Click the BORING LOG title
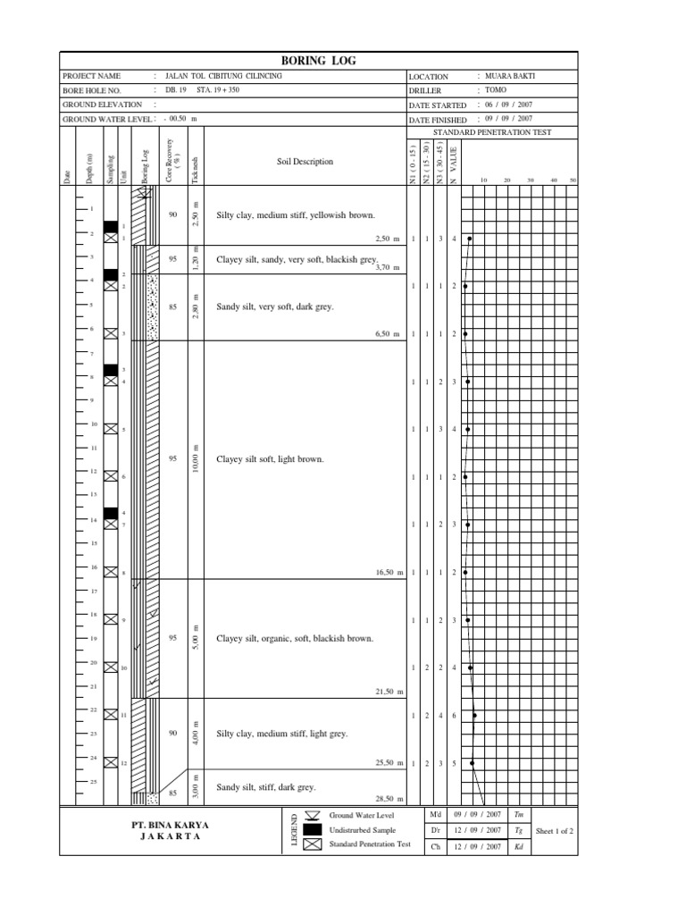(320, 61)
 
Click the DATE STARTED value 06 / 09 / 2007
(508, 105)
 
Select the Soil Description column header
(304, 162)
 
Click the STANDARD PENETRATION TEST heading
(492, 132)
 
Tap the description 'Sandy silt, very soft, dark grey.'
(275, 306)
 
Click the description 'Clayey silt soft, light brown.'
(270, 459)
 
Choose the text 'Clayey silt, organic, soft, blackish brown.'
(295, 639)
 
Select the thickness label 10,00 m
(196, 458)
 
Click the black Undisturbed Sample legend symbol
(312, 829)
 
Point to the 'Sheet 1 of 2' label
(554, 830)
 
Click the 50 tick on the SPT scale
(573, 180)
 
